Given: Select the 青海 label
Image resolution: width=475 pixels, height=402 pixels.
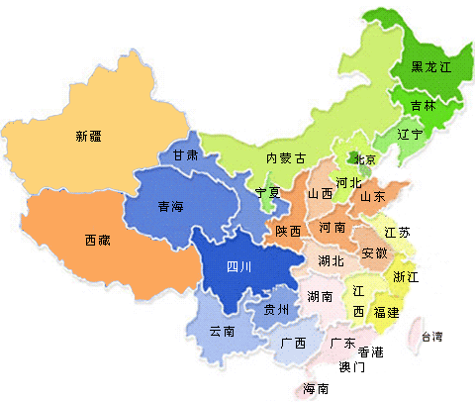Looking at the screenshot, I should tap(170, 207).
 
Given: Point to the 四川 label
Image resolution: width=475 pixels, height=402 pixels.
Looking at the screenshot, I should tap(239, 266).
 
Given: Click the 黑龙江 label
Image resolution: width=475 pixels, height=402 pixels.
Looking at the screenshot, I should tap(429, 67).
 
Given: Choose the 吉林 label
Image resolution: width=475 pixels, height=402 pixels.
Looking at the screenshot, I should tap(423, 105).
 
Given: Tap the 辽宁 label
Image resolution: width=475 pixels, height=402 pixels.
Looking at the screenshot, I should tap(410, 133).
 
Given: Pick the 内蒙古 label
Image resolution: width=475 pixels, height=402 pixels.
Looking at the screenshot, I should tap(285, 158).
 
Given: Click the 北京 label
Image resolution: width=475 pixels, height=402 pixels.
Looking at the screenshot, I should tap(364, 159).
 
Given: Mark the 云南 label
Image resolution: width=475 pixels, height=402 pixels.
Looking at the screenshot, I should tap(222, 331).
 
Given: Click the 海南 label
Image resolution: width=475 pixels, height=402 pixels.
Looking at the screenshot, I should tap(315, 387).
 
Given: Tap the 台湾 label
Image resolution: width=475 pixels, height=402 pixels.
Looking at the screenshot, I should tap(433, 337).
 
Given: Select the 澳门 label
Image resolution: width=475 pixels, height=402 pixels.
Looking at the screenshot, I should tap(351, 366).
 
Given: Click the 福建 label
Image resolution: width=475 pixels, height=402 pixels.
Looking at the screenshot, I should tap(386, 312).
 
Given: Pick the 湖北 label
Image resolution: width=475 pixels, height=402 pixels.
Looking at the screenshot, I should tap(331, 261).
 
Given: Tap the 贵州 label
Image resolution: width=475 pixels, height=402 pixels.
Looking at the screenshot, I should tap(275, 310).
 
